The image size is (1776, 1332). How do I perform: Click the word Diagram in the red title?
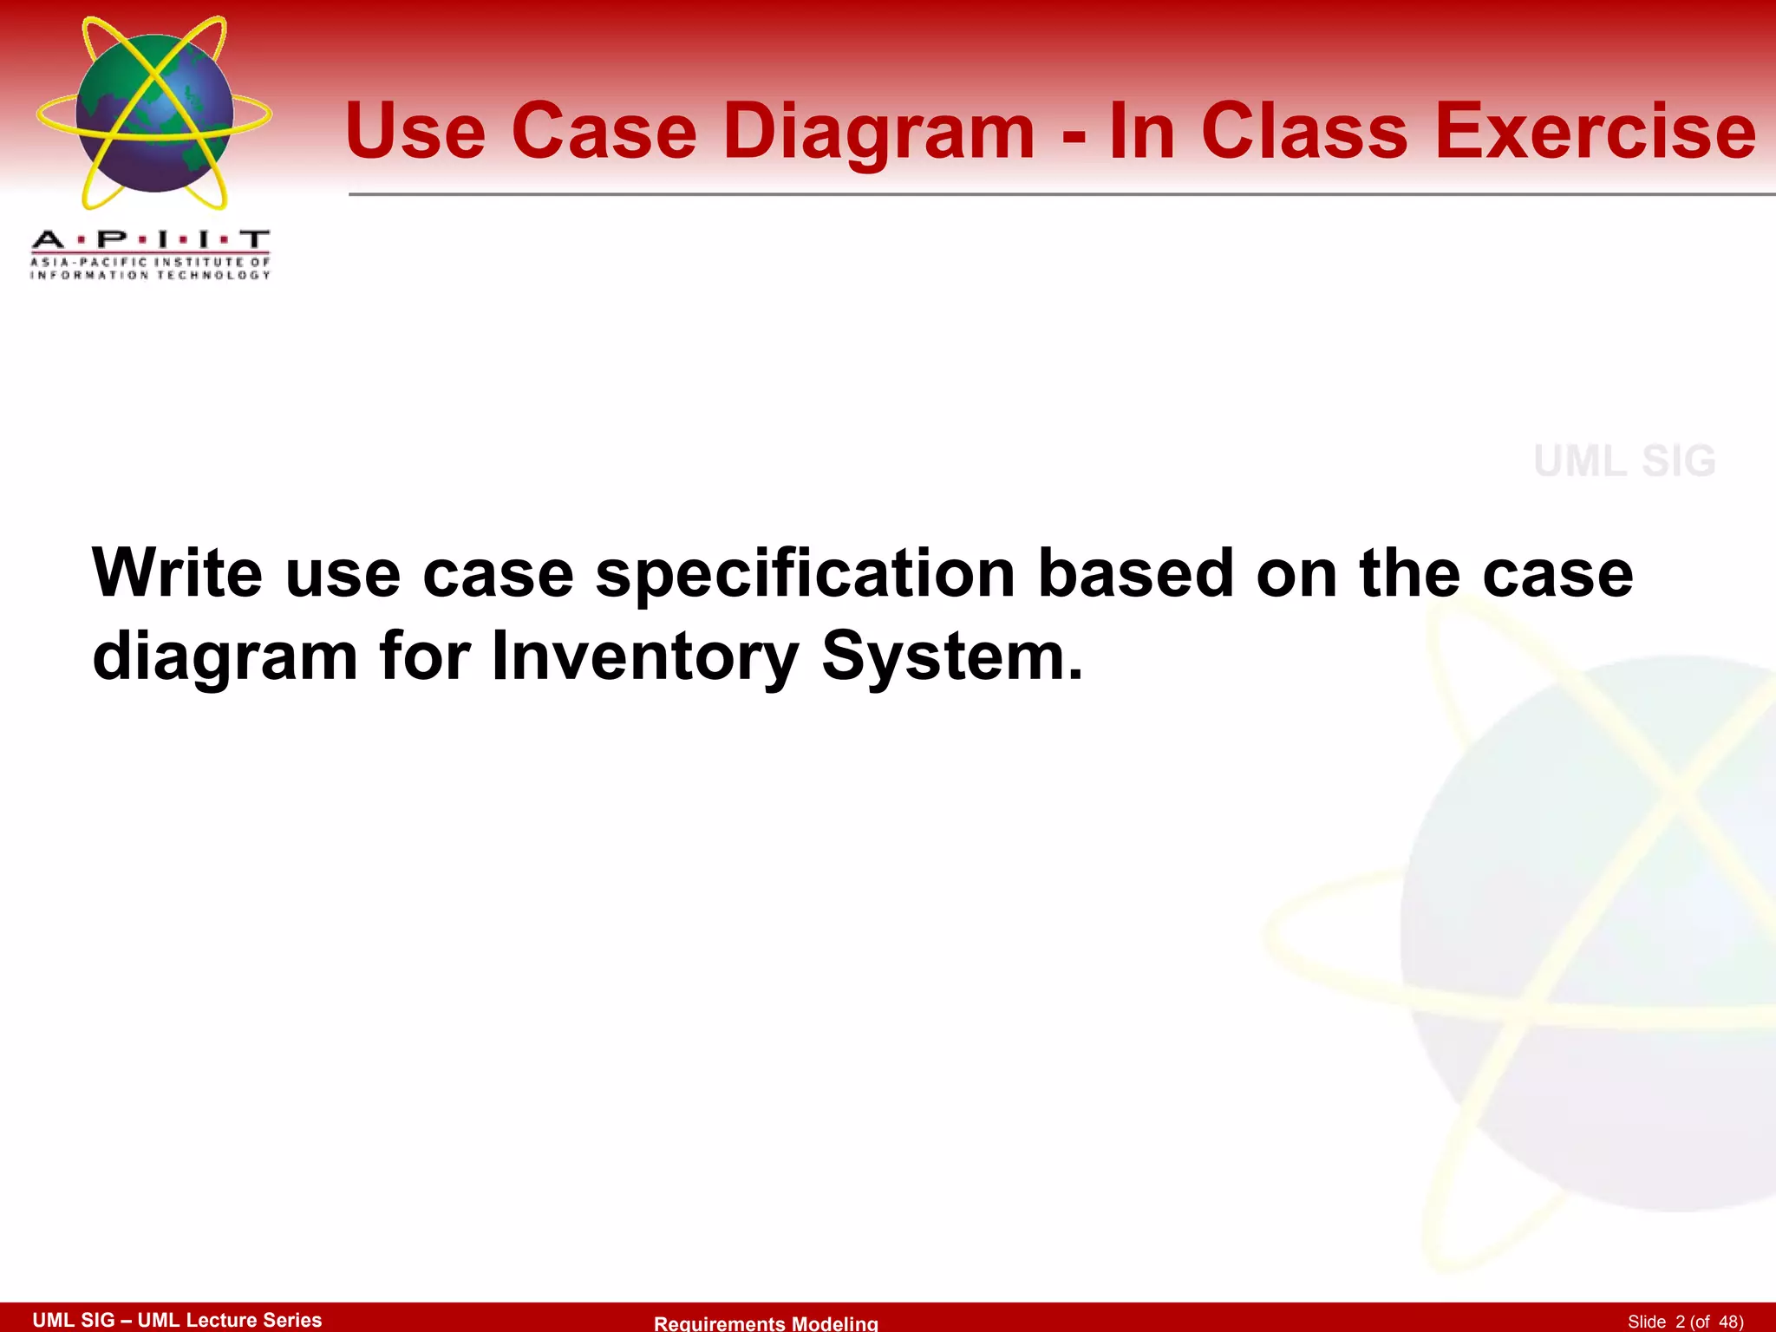click(x=878, y=132)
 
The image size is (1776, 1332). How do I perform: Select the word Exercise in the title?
click(x=1595, y=132)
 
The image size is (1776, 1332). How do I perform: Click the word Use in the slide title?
click(x=415, y=132)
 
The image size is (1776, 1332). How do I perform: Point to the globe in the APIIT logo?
click(x=154, y=114)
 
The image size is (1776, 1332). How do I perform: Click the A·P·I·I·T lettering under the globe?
click(x=150, y=239)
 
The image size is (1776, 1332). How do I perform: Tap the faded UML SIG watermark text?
click(x=1624, y=461)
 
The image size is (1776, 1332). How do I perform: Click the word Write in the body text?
click(x=177, y=573)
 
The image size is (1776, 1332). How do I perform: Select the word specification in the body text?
click(x=805, y=575)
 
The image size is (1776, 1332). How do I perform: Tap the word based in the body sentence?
click(x=1136, y=573)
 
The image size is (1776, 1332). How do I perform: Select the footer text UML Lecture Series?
click(x=230, y=1320)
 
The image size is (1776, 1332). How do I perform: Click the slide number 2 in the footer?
click(x=1680, y=1322)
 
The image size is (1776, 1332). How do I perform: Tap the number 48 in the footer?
click(x=1728, y=1322)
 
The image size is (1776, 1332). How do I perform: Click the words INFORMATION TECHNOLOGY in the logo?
click(x=150, y=275)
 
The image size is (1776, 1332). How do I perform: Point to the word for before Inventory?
click(x=424, y=656)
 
